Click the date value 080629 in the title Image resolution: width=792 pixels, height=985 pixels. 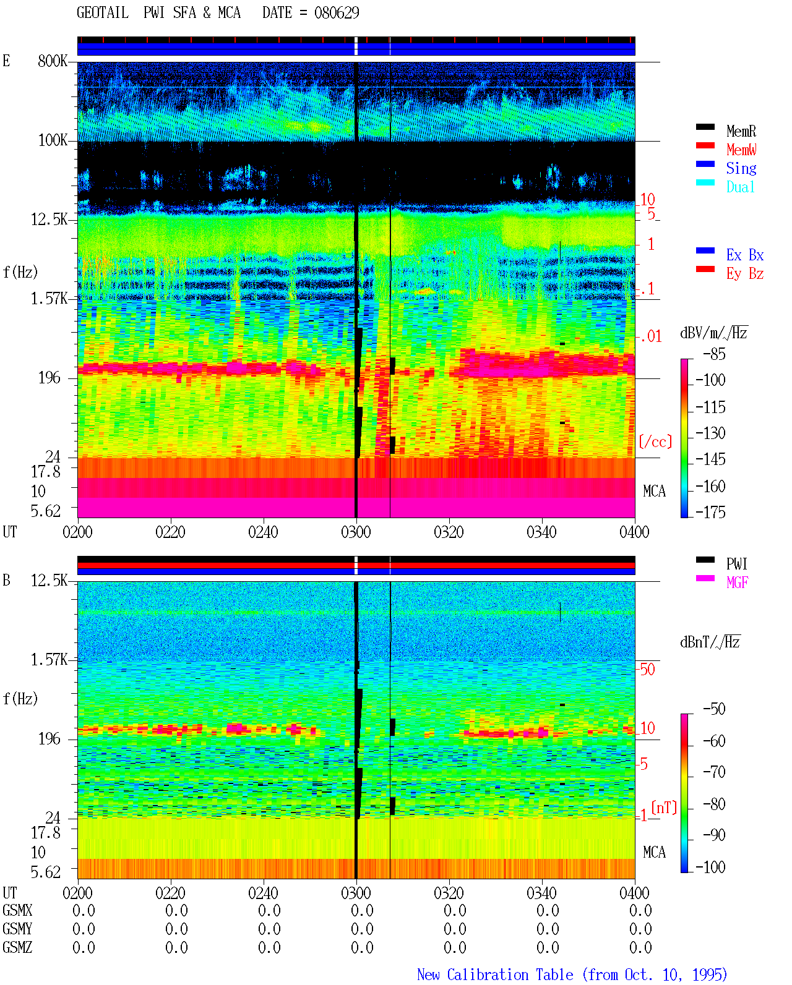tap(337, 12)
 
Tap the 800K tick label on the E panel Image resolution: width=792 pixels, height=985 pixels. tap(53, 61)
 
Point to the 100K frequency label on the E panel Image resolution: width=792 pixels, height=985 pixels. tap(53, 140)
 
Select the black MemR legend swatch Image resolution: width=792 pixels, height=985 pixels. tap(705, 127)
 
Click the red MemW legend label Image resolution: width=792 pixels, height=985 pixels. tap(741, 149)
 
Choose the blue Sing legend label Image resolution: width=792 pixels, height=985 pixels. tap(741, 168)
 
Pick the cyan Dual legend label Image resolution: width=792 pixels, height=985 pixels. tap(741, 187)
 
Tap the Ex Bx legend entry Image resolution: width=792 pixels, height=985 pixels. tap(745, 255)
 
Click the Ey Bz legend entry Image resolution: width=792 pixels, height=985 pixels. tap(745, 273)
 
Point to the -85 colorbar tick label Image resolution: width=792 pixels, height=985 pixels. tap(714, 354)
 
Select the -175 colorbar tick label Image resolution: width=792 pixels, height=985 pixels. tap(710, 512)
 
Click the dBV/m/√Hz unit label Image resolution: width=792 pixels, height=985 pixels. tap(714, 333)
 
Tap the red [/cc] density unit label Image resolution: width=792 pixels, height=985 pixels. tap(655, 441)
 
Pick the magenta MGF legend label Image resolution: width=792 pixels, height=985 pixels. tap(737, 582)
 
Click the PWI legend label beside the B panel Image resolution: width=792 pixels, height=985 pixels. tap(736, 563)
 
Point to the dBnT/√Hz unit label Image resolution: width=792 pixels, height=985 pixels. tap(710, 642)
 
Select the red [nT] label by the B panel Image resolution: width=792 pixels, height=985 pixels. tap(664, 808)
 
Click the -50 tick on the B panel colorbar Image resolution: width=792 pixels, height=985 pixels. tap(714, 709)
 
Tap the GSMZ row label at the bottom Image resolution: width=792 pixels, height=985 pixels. tap(17, 947)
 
